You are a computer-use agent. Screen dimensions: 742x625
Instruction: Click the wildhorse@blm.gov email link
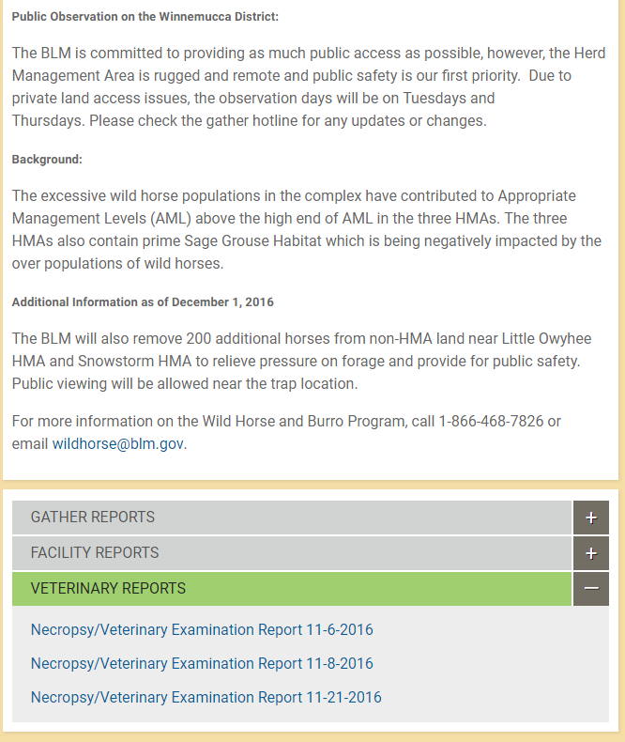[x=118, y=444]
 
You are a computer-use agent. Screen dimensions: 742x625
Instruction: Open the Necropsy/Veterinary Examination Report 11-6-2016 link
[x=202, y=629]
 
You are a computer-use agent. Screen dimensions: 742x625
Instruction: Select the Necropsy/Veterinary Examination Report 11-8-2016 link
[x=202, y=663]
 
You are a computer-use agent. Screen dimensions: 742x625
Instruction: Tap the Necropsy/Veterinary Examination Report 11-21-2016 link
[x=206, y=697]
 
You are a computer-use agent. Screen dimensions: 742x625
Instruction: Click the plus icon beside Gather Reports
[x=590, y=518]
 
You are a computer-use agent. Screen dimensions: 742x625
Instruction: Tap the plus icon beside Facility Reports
[x=590, y=553]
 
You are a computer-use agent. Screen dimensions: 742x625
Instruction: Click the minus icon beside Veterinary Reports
[x=590, y=589]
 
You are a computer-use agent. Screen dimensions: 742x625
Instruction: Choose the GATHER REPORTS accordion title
[x=93, y=518]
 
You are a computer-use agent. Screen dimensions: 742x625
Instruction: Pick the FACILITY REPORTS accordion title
[x=95, y=553]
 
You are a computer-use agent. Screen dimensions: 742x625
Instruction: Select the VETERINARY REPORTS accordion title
[x=108, y=589]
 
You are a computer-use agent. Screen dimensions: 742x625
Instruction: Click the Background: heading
[x=47, y=160]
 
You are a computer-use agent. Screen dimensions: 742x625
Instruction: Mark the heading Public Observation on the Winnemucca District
[x=145, y=17]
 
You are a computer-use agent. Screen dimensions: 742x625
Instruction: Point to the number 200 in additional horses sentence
[x=199, y=339]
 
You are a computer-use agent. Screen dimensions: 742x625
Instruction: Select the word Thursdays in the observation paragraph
[x=47, y=120]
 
